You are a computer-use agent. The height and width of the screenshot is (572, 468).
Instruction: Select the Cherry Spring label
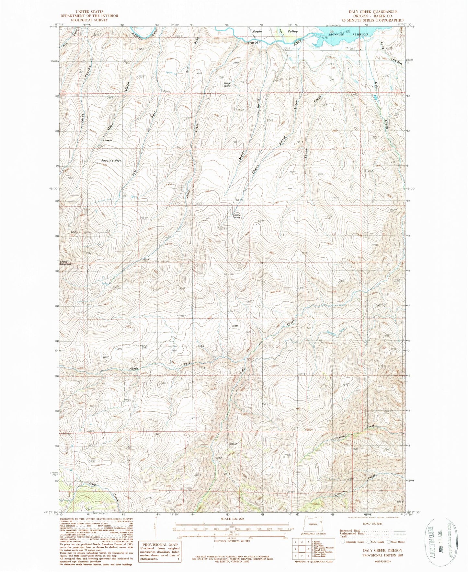pos(236,216)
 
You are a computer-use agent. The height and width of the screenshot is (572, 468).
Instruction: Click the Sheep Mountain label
pos(65,263)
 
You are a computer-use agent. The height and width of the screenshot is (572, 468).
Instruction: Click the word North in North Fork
pos(134,368)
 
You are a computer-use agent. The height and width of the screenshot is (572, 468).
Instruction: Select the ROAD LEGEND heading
pos(373,523)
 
